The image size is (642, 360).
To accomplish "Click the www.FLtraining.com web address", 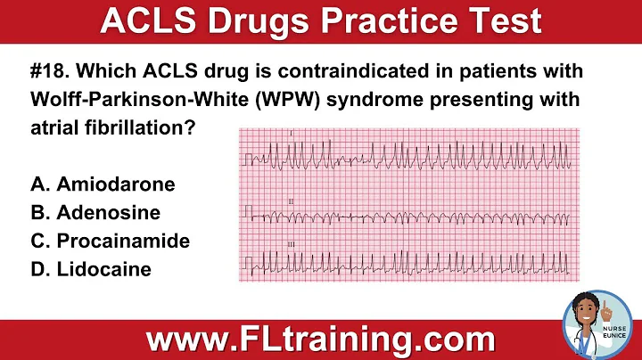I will (x=321, y=340).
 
